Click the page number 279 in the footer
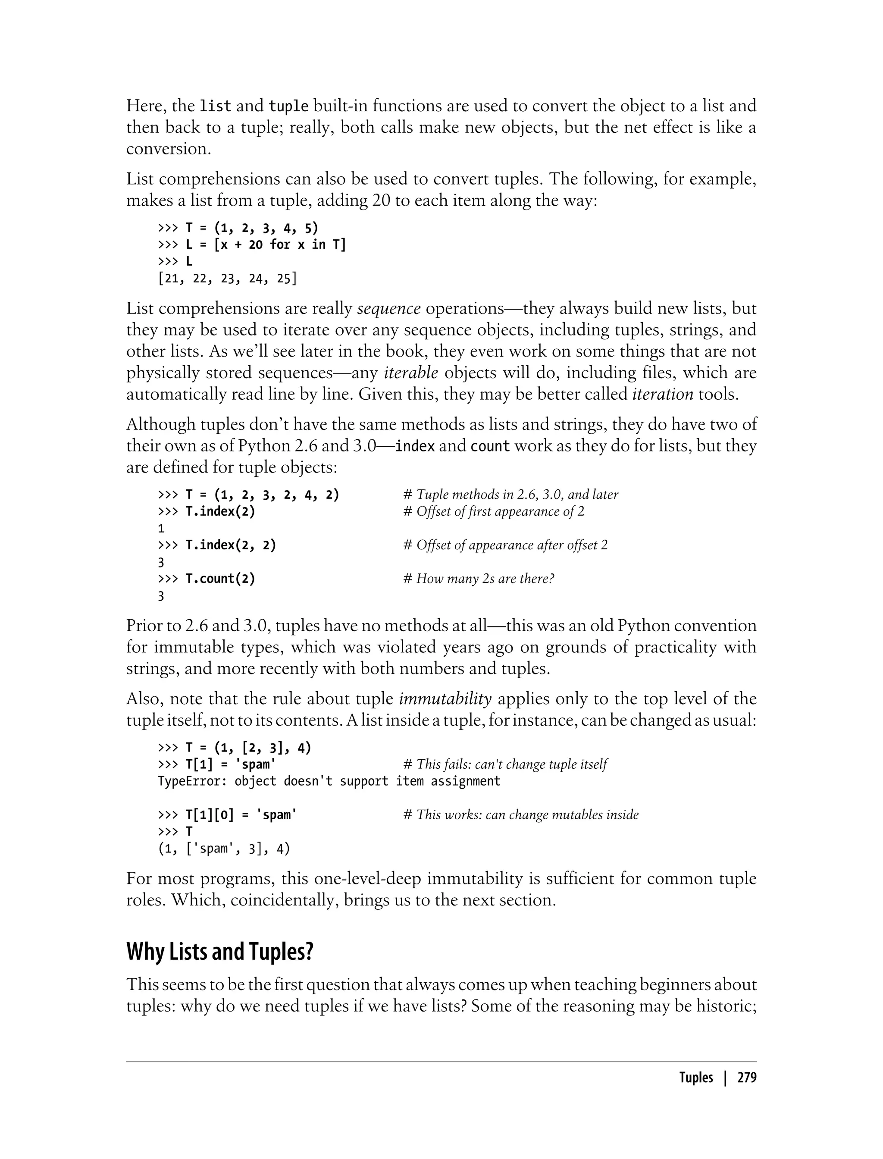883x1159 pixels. [x=746, y=1078]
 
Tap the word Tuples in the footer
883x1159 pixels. [x=696, y=1078]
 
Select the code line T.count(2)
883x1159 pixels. [x=220, y=579]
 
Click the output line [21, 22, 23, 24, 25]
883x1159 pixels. [x=227, y=279]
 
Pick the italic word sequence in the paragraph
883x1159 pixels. [x=389, y=309]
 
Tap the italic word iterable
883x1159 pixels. [x=411, y=373]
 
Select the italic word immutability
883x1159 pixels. [x=445, y=699]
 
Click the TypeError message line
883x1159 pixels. [x=329, y=781]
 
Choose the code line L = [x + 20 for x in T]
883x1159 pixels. [x=252, y=245]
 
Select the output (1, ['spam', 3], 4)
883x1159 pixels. [x=224, y=849]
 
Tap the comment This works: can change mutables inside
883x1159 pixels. [x=520, y=815]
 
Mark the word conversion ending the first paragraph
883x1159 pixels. [x=168, y=149]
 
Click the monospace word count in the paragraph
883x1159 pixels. [x=490, y=446]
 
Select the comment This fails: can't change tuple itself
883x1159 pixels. [x=504, y=764]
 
